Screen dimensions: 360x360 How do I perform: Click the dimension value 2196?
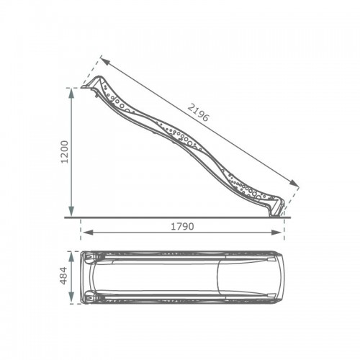198,112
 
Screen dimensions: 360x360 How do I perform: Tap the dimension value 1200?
65,152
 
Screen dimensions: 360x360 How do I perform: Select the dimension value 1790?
182,226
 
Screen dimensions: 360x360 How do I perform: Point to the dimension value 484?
64,276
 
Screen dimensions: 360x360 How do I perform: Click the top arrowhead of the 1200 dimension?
71,94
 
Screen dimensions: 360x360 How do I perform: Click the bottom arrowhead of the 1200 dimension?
71,211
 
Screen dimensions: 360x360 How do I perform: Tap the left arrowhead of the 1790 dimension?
87,232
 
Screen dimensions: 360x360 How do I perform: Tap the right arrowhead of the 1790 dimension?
276,232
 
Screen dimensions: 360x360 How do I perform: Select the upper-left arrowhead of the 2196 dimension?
106,60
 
